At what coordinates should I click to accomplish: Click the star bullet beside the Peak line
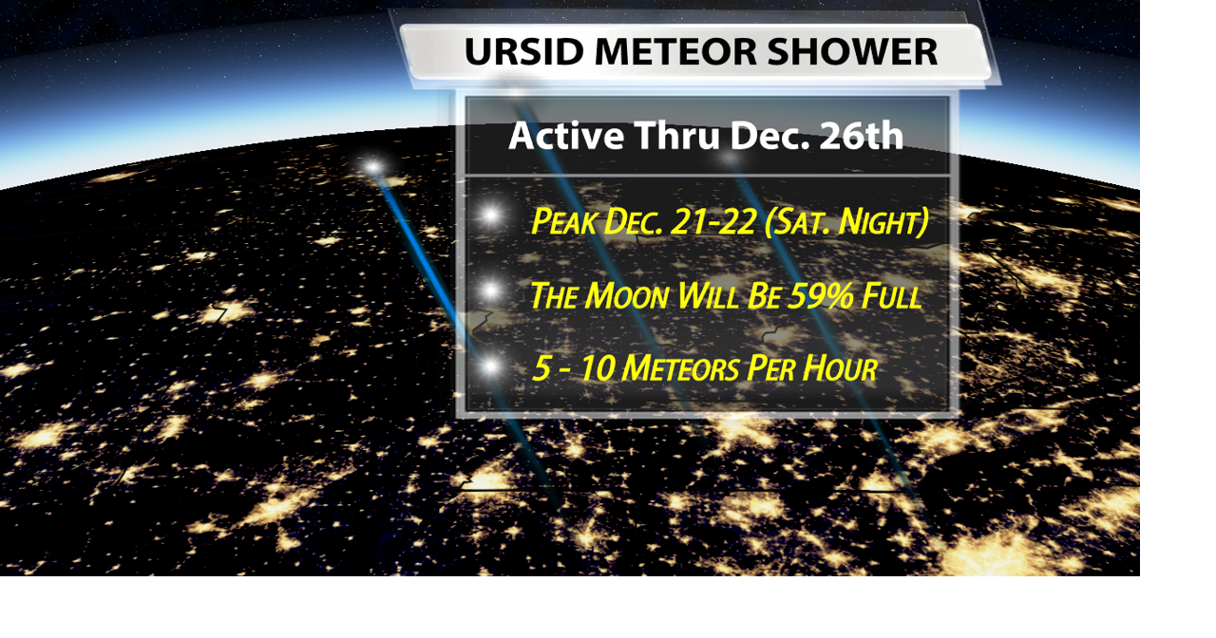coord(490,216)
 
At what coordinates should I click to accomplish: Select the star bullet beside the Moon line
coord(490,291)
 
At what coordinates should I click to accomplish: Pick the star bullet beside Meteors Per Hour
coord(490,366)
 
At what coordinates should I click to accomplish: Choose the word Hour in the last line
coord(839,368)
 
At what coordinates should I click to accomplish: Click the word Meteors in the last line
coord(681,368)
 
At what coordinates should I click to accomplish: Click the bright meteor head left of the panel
coord(373,167)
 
